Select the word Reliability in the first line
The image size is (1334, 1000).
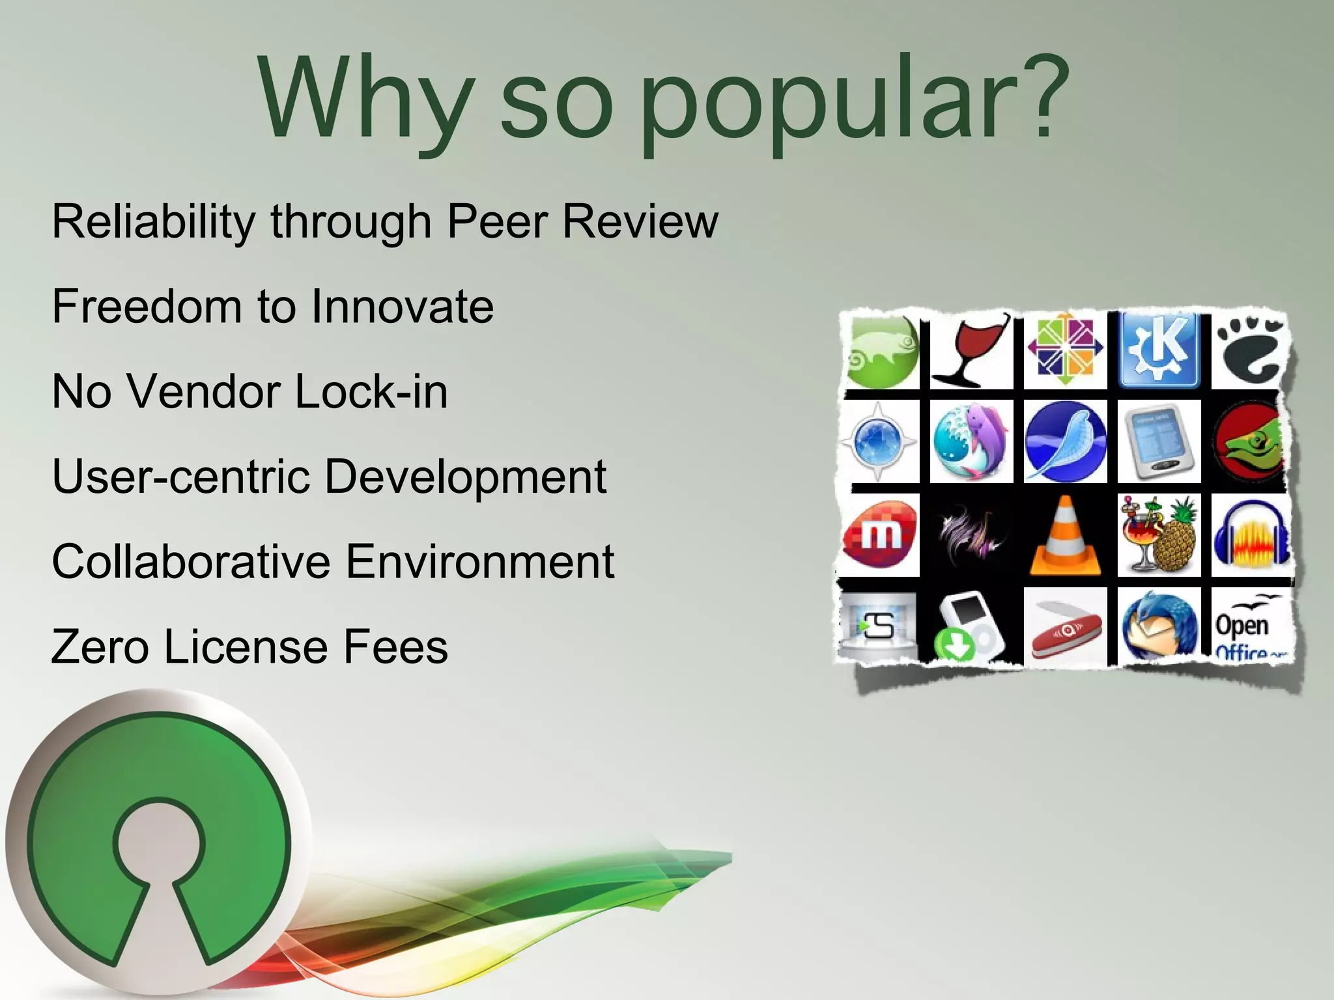tap(154, 221)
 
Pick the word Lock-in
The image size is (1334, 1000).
tap(371, 392)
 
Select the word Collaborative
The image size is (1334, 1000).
tap(191, 561)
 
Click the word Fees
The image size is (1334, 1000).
tap(395, 646)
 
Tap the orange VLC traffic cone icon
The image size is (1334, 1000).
tap(1065, 536)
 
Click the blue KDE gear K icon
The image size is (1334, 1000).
tap(1159, 350)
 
